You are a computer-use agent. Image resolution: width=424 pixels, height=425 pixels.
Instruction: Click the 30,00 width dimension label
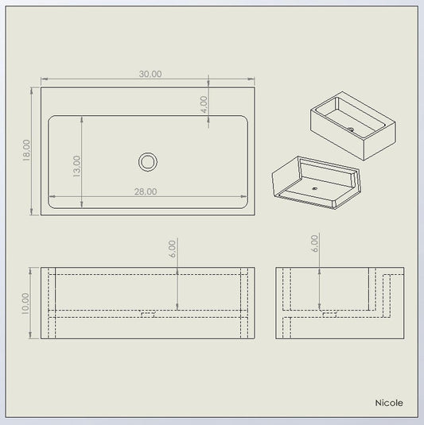(x=150, y=74)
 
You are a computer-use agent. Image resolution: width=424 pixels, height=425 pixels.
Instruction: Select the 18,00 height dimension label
(x=26, y=150)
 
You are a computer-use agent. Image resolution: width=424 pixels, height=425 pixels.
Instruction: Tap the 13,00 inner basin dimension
(x=77, y=166)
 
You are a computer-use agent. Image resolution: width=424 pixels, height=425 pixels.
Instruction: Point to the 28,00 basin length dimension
(x=146, y=191)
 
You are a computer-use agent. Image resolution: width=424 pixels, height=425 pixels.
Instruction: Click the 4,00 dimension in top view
(x=204, y=105)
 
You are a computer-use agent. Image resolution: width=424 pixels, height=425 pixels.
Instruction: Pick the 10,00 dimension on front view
(x=25, y=303)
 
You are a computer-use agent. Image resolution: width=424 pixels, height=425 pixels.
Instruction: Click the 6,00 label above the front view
(x=173, y=249)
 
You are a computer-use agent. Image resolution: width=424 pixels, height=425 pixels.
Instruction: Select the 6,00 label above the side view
(x=314, y=244)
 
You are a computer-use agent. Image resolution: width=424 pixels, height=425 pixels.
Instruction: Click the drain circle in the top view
(x=148, y=162)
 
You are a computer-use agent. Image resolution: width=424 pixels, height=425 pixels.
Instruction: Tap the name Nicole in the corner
(x=389, y=403)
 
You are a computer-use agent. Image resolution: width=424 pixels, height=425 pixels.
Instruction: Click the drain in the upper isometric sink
(x=351, y=129)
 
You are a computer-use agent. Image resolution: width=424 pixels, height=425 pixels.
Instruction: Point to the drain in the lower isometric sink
(x=315, y=188)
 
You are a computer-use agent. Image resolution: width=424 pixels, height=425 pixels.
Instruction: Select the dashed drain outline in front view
(x=148, y=315)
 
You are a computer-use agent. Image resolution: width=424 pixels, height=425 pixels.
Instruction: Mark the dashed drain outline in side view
(x=329, y=315)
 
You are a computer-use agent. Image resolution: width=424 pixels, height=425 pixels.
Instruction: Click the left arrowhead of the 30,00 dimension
(x=45, y=79)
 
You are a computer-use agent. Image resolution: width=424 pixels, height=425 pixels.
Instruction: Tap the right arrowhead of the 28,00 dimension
(x=243, y=196)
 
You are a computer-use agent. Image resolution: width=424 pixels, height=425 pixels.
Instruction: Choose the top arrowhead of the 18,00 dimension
(x=32, y=91)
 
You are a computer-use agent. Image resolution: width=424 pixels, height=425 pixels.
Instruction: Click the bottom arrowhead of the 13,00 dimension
(x=82, y=205)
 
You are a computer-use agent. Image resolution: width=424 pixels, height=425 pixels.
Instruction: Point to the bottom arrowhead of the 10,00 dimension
(x=30, y=335)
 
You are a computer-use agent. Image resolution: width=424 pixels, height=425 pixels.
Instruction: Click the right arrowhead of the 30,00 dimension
(x=251, y=79)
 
